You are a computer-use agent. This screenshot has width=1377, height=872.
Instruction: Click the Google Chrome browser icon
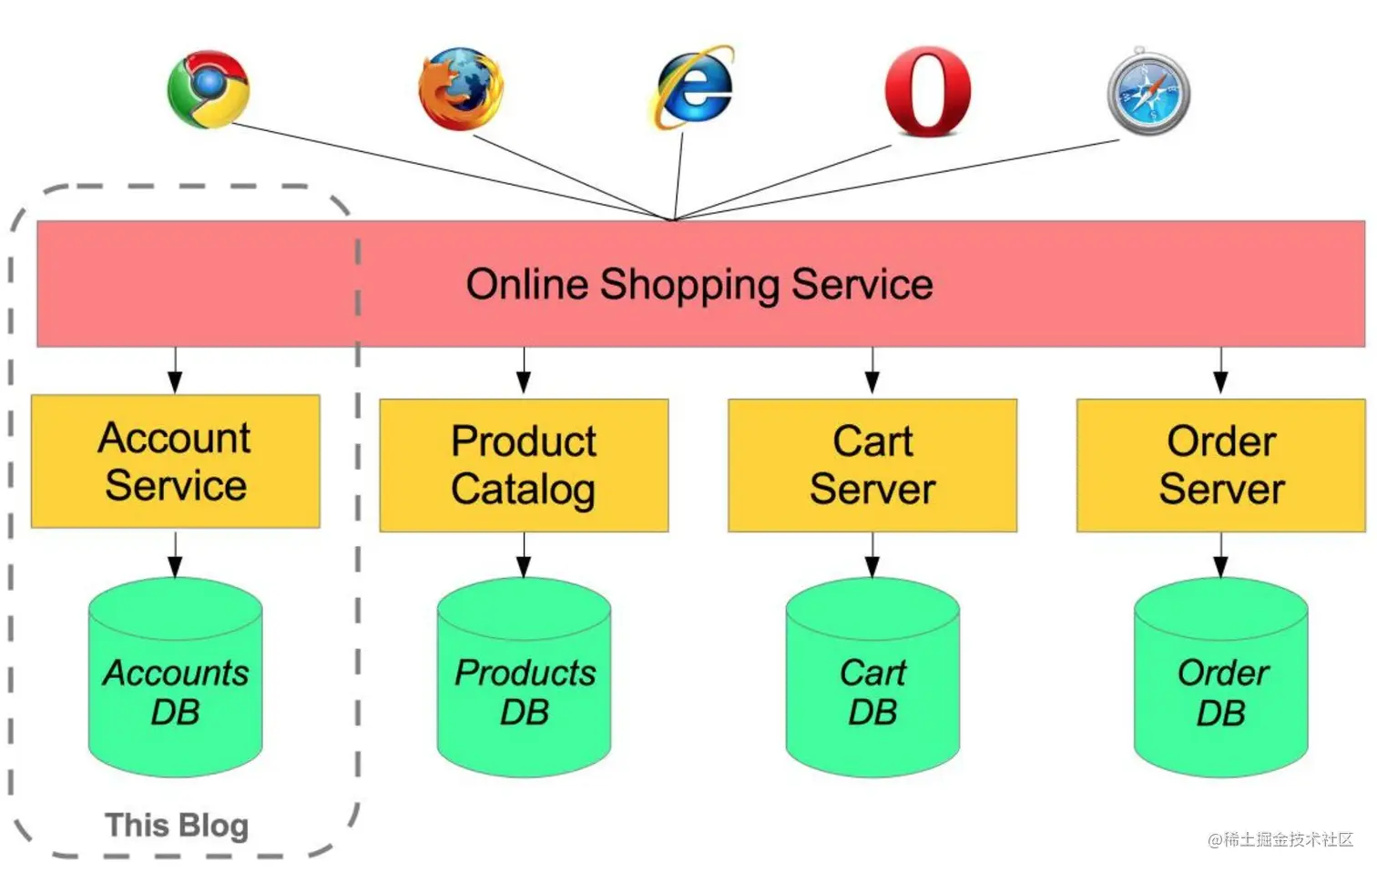[209, 89]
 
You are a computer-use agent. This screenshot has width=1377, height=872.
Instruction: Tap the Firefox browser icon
[461, 89]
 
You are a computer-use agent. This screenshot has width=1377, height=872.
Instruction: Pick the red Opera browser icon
[927, 91]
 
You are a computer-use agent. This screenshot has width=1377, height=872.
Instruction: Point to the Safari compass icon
[1148, 92]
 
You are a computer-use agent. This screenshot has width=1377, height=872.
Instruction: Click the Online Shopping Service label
[699, 284]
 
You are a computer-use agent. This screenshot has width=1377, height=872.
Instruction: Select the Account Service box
[176, 461]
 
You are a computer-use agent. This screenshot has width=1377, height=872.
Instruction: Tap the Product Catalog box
[524, 465]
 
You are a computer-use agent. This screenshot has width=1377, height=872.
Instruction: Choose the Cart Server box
[872, 465]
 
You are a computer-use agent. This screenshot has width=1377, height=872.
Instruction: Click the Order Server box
[1221, 465]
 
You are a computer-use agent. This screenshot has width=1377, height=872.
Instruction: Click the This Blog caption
[177, 826]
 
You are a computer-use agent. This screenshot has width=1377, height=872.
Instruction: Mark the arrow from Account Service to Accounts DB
[176, 553]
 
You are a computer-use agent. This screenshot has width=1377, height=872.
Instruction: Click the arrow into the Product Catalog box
[524, 371]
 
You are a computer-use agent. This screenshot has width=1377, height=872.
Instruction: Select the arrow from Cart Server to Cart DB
[872, 555]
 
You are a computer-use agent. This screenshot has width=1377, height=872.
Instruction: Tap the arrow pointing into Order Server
[1221, 371]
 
